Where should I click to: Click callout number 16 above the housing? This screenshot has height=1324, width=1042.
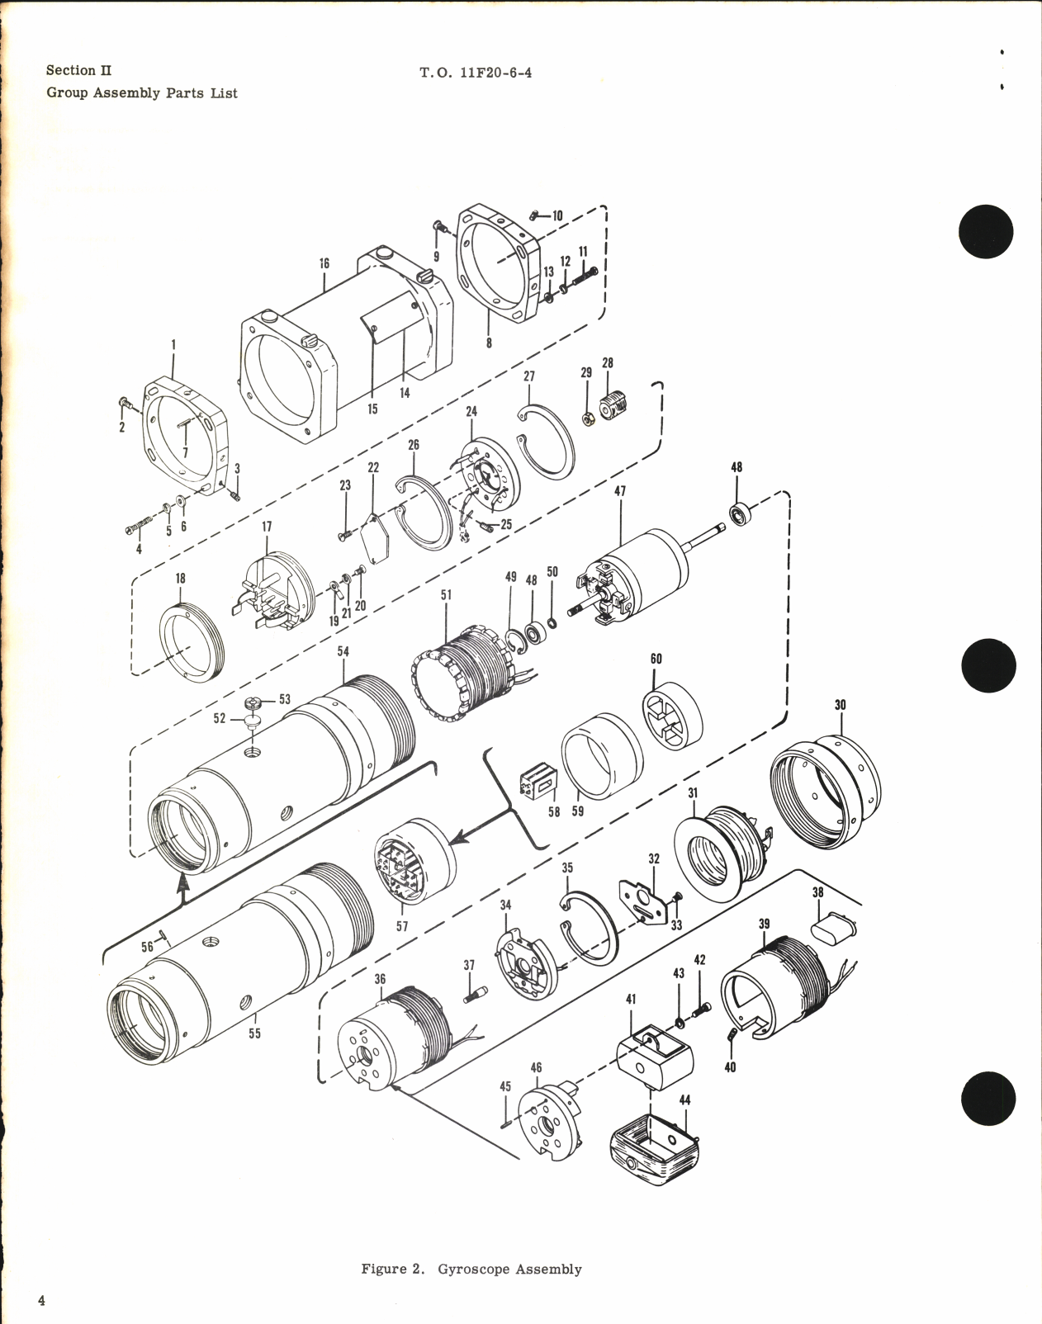[x=324, y=263]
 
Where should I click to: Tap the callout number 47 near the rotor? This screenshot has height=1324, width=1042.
[x=620, y=490]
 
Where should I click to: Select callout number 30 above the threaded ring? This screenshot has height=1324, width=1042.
[x=840, y=706]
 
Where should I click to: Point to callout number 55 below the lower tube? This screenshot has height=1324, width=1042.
[x=254, y=1033]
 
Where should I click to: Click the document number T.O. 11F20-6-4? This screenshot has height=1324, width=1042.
[x=475, y=73]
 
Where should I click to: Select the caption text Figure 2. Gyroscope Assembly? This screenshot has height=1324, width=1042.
[x=471, y=1269]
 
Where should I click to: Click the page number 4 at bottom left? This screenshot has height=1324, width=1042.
[x=40, y=1301]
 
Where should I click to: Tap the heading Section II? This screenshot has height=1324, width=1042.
[x=79, y=70]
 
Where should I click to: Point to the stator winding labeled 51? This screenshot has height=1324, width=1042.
[x=462, y=669]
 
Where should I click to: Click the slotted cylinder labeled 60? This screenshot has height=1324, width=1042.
[x=672, y=716]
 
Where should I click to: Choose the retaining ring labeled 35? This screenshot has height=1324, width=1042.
[x=590, y=928]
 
